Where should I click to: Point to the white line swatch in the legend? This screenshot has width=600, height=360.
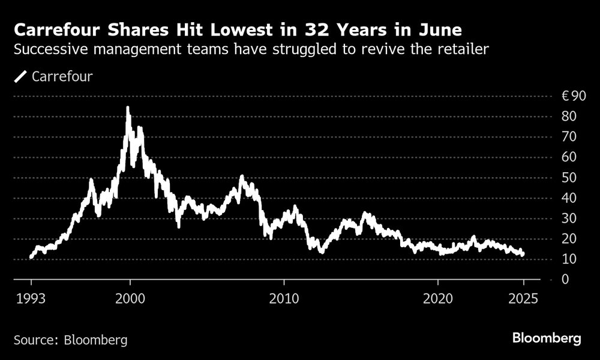(x=21, y=76)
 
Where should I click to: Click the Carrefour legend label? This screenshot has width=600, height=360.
(x=62, y=76)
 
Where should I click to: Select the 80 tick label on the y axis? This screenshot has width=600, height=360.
(x=569, y=116)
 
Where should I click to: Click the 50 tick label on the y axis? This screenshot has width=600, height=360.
(x=569, y=178)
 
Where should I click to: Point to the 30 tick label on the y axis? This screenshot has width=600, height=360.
(x=569, y=218)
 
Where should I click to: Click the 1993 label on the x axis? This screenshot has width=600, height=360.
(x=31, y=298)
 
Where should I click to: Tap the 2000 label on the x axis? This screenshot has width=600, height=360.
(x=130, y=298)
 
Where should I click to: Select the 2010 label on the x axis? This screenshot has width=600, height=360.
(x=284, y=298)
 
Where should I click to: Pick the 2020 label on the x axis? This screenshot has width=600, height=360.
(x=438, y=298)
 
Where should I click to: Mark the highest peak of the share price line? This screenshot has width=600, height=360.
(x=127, y=108)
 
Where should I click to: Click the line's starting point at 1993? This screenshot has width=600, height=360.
(x=31, y=257)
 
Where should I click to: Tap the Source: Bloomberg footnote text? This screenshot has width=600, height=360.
(x=70, y=340)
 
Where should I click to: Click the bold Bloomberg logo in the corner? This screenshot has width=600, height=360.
(x=547, y=339)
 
